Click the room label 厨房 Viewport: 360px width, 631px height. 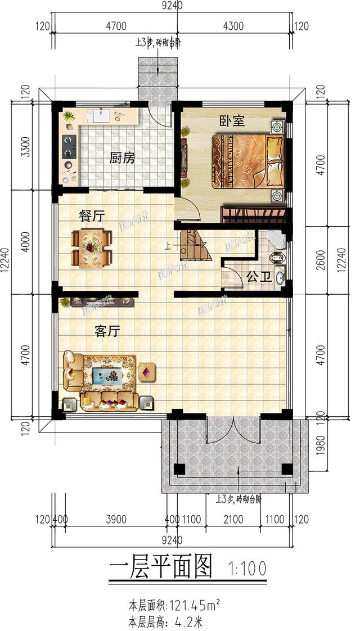coord(122,158)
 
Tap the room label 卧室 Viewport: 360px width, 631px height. coord(232,121)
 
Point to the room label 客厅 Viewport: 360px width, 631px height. coord(107,331)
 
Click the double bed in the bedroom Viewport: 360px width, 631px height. coord(246,160)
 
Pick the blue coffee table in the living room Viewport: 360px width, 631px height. coord(109,375)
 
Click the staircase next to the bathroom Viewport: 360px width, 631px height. coord(194,245)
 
